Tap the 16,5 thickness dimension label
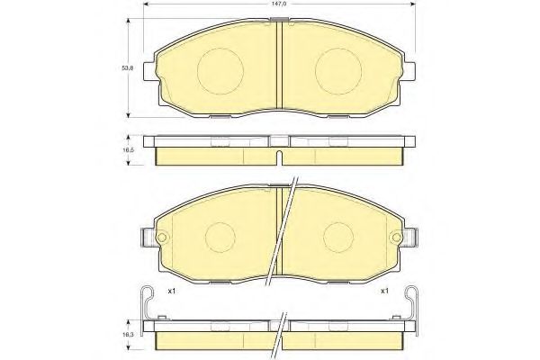coord(129,151)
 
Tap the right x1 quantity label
coord(384,291)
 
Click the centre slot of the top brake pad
coord(280,67)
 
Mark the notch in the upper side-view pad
coord(281,158)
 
